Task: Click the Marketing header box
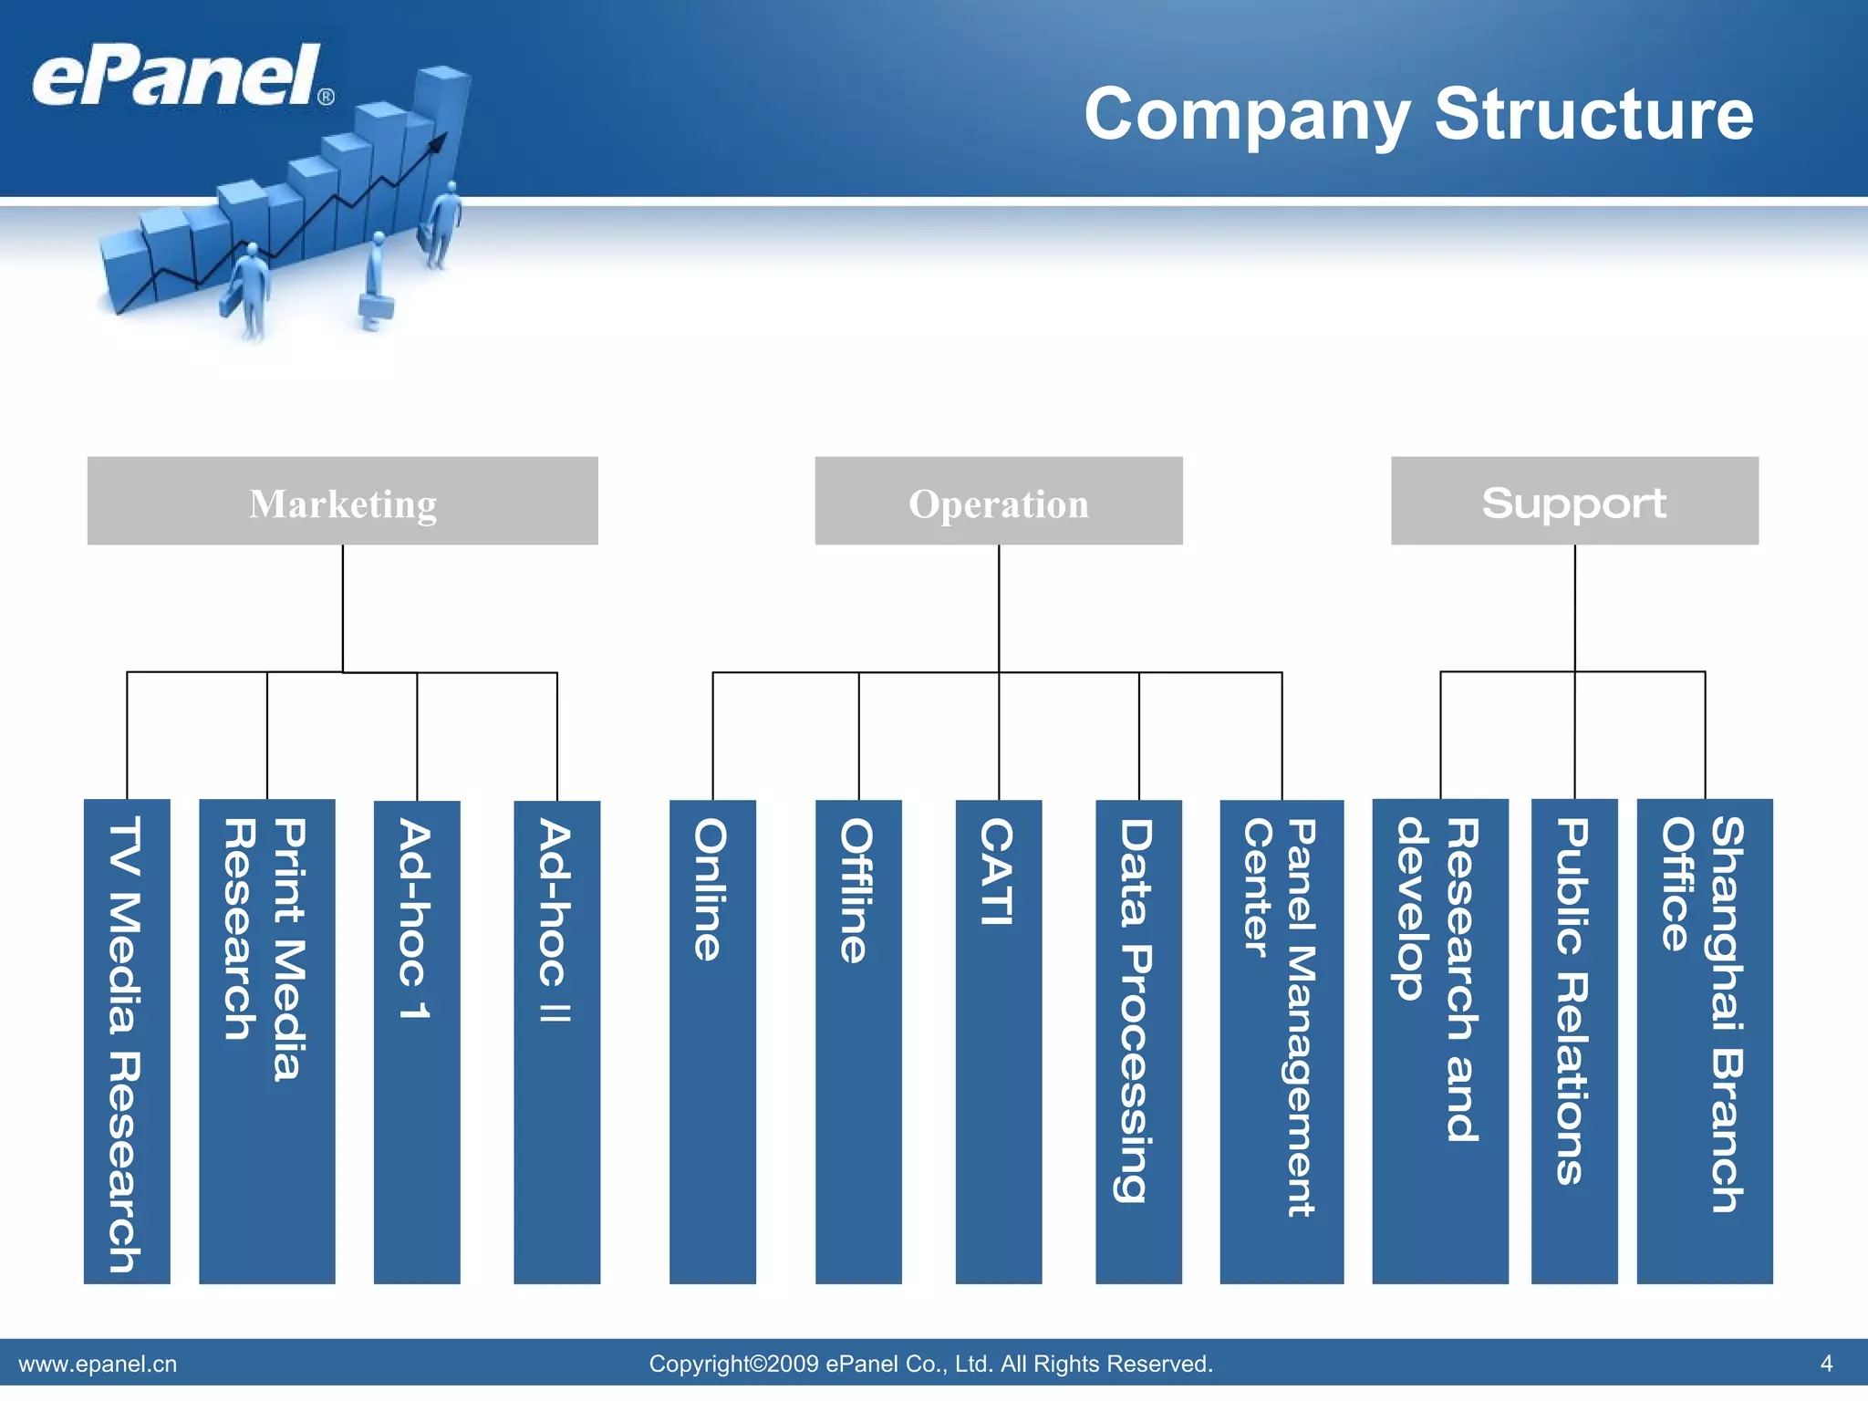point(342,501)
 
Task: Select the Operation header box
point(998,501)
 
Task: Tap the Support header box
point(1574,501)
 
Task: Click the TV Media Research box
point(127,1041)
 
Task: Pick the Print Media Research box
point(266,1041)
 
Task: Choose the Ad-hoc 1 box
point(417,1041)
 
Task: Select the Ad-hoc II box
point(556,1041)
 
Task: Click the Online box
point(712,1041)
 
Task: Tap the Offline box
point(858,1041)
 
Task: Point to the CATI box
point(998,1041)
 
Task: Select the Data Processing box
point(1138,1041)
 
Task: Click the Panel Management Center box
point(1282,1041)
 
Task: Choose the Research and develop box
point(1440,1041)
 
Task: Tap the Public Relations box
point(1574,1041)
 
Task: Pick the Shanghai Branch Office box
point(1705,1041)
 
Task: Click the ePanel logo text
point(178,77)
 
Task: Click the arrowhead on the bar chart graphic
point(439,141)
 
